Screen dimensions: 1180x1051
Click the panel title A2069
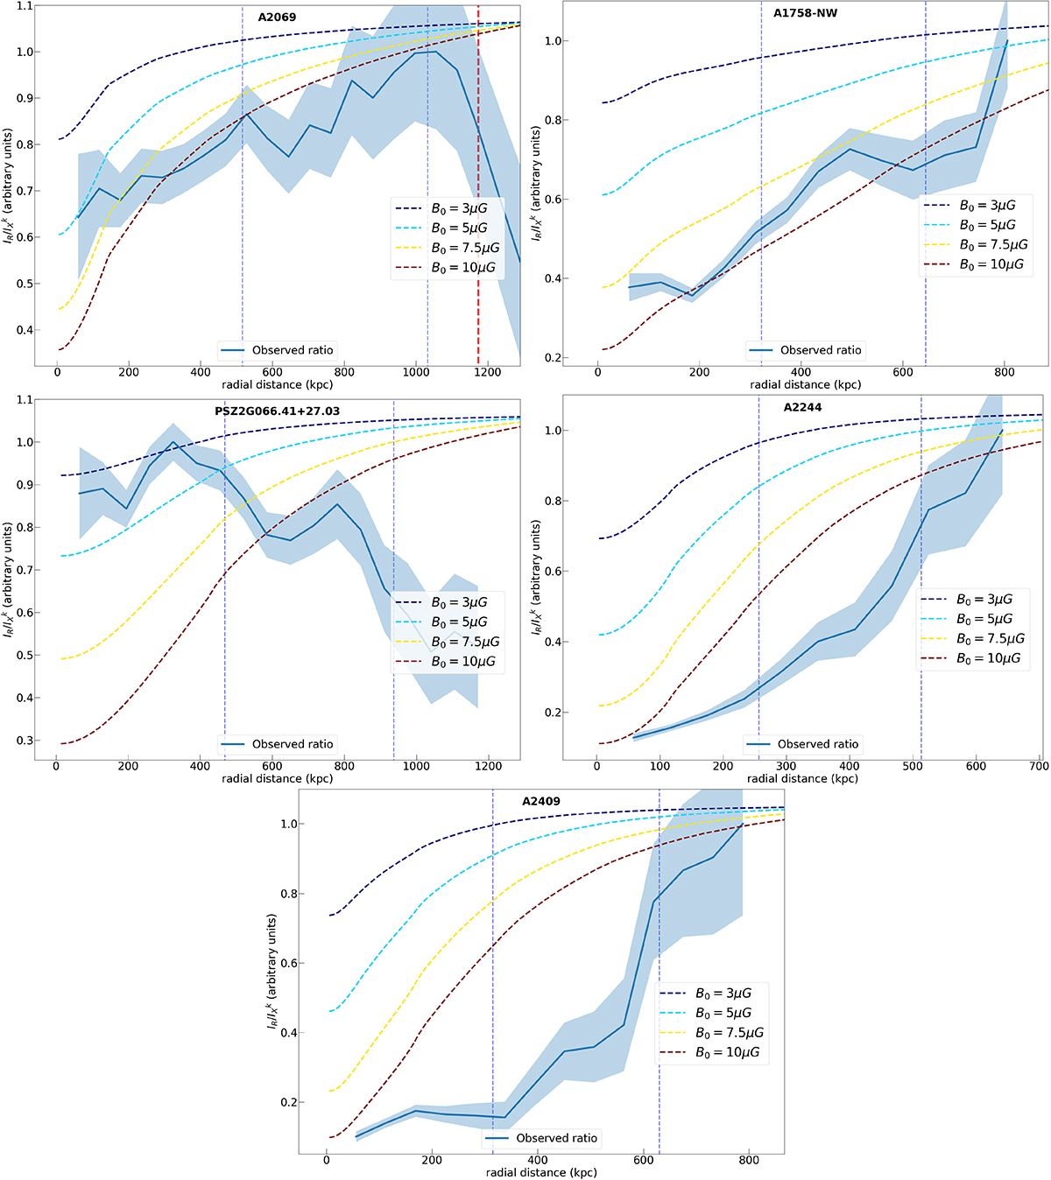[x=277, y=18]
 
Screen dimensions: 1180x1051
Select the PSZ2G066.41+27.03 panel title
[x=277, y=411]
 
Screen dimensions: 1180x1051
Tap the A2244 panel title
[x=803, y=407]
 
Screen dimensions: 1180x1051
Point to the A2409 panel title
[x=541, y=801]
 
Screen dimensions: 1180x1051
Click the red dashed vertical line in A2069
[x=478, y=219]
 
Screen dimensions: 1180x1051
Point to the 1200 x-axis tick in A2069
[x=489, y=372]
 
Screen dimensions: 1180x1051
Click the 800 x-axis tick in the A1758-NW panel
[x=1005, y=372]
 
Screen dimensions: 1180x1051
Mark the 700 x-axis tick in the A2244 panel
[x=1039, y=766]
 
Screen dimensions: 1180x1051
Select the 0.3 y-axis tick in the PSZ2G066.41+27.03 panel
[x=23, y=741]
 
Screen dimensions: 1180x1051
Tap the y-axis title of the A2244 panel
[x=536, y=578]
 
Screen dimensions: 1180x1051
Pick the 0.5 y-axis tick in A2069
[x=23, y=284]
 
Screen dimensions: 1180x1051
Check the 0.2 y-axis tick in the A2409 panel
[x=287, y=1102]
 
